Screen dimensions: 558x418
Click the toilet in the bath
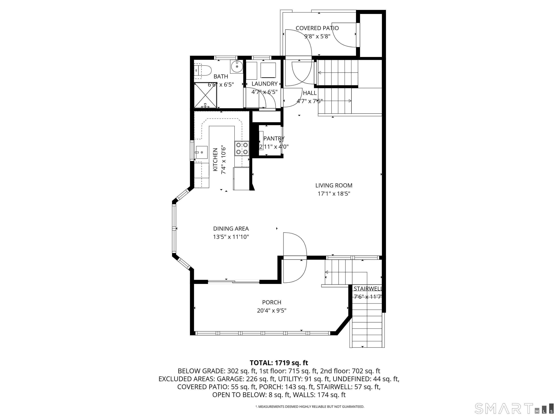pyautogui.click(x=204, y=71)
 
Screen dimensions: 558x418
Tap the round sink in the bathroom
pyautogui.click(x=237, y=67)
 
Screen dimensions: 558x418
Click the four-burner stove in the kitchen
pyautogui.click(x=242, y=148)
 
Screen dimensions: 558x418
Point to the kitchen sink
pyautogui.click(x=202, y=152)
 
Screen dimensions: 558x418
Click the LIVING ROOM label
pyautogui.click(x=334, y=185)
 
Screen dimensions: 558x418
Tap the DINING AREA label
pyautogui.click(x=231, y=229)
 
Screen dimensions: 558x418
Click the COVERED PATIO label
pyautogui.click(x=317, y=28)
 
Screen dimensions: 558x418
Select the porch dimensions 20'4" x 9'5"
pyautogui.click(x=272, y=310)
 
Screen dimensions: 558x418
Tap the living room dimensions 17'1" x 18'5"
pyautogui.click(x=334, y=194)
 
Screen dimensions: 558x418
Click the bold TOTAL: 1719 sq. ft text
pyautogui.click(x=279, y=363)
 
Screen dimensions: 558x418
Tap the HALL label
pyautogui.click(x=310, y=93)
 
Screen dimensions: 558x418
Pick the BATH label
pyautogui.click(x=221, y=76)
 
